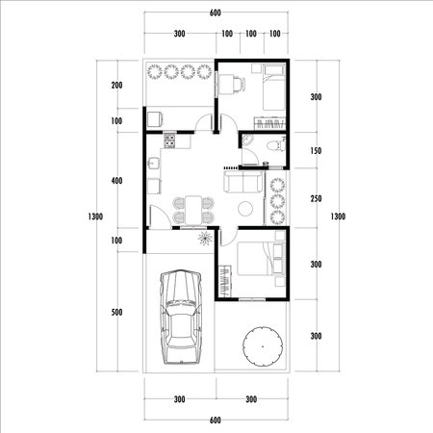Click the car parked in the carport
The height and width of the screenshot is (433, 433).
click(x=180, y=318)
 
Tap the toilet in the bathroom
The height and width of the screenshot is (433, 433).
click(x=273, y=145)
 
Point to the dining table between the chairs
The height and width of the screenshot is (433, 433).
click(x=193, y=208)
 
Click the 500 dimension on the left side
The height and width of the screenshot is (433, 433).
click(x=116, y=312)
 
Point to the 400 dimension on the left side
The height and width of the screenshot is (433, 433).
click(x=116, y=181)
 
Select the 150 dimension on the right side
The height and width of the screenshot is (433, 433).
click(x=316, y=152)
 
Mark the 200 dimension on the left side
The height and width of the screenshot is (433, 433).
click(x=116, y=86)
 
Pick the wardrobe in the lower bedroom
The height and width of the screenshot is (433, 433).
click(x=224, y=280)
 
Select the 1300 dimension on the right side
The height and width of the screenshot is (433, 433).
click(x=337, y=216)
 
